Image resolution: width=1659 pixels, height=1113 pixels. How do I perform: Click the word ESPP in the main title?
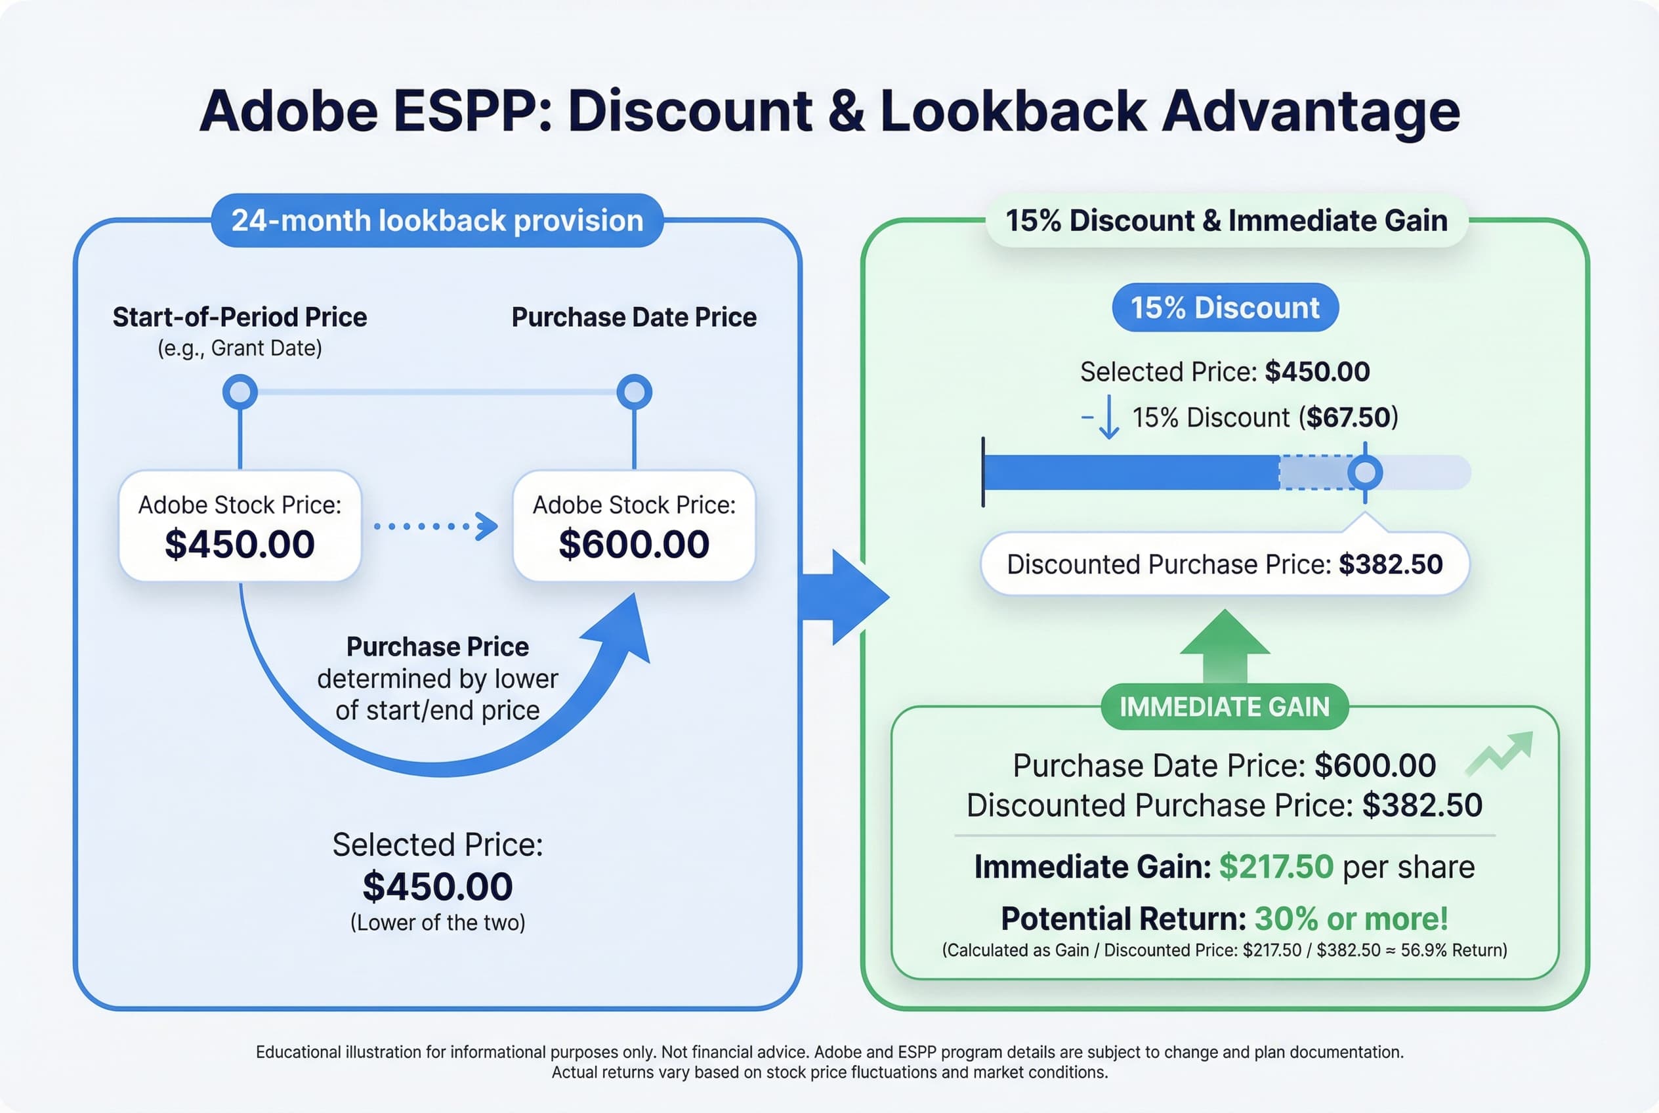point(471,112)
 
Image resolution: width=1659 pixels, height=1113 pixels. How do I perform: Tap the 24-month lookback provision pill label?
point(437,220)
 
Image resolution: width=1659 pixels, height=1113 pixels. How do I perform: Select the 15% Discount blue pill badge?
point(1225,308)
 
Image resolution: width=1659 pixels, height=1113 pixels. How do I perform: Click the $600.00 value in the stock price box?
point(633,545)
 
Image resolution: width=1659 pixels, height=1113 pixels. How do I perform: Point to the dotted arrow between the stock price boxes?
point(435,526)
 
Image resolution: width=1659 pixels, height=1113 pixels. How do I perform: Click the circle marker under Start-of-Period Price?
point(240,392)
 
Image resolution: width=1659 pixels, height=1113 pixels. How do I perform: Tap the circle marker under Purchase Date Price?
point(634,392)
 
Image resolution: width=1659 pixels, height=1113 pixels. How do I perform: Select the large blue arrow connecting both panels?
point(845,597)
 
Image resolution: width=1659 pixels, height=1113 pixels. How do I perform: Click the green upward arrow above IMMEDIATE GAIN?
point(1225,646)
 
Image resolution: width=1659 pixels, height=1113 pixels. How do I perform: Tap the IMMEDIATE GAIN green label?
point(1225,707)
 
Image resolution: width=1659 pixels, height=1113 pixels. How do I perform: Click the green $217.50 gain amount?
point(1276,867)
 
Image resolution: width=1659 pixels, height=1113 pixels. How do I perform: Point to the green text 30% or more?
point(1351,919)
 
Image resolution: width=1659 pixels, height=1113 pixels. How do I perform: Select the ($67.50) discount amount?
point(1348,417)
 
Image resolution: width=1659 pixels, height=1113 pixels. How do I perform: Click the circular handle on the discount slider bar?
point(1364,472)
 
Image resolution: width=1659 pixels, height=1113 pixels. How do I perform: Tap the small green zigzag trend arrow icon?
point(1500,754)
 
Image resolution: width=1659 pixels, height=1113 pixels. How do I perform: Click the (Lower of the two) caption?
point(437,923)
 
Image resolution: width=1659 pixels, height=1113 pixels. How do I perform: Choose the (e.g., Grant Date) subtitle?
point(240,348)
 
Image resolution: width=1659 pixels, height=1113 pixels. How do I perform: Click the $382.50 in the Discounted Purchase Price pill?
point(1390,564)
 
